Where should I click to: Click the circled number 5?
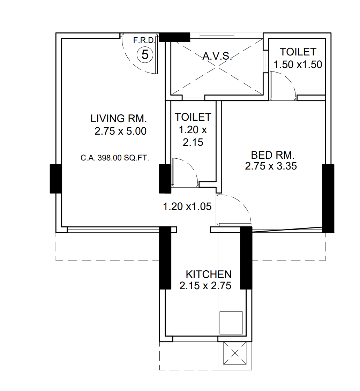pos(145,55)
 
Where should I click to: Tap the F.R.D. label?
pos(142,40)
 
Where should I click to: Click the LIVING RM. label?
pos(118,118)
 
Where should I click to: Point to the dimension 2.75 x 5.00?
pos(120,131)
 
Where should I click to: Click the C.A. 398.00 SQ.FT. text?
pos(115,158)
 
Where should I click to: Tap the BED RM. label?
pos(273,155)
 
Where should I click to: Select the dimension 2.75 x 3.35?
pos(271,166)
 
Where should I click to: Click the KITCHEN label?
pos(208,274)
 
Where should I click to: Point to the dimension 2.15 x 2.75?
pos(205,286)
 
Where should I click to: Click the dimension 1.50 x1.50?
pos(298,65)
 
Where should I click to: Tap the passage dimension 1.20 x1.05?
pos(187,206)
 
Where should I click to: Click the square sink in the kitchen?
pos(231,323)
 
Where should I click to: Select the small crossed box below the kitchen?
pos(234,353)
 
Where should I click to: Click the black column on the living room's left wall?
pos(55,179)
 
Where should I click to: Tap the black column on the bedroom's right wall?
pos(328,198)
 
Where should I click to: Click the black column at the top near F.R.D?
pos(174,37)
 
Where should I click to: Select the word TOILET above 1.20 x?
pos(193,117)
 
